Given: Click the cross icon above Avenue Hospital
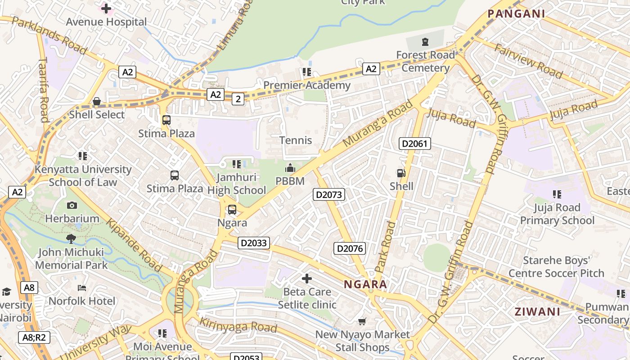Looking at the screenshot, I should point(106,8).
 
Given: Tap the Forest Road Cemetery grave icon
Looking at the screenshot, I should point(425,42).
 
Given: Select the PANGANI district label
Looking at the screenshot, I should point(517,13).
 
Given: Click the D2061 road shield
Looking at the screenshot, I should point(415,144).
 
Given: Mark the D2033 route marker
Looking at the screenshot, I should point(254,243).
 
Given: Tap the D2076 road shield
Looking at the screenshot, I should point(350,248).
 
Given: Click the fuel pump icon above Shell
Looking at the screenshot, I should point(400,173).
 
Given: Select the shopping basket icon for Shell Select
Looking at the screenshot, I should point(96,102).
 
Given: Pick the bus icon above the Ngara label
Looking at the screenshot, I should point(232,210).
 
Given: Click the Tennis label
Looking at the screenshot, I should point(296,140).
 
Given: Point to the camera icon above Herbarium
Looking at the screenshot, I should point(72,206).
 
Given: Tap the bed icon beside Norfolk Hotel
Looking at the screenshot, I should point(82,288).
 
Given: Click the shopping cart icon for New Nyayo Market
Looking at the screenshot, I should point(362,321).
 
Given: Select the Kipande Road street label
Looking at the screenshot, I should point(134,245).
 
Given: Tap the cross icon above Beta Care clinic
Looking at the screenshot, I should point(307,279).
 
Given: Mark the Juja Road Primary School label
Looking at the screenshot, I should point(557,214).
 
